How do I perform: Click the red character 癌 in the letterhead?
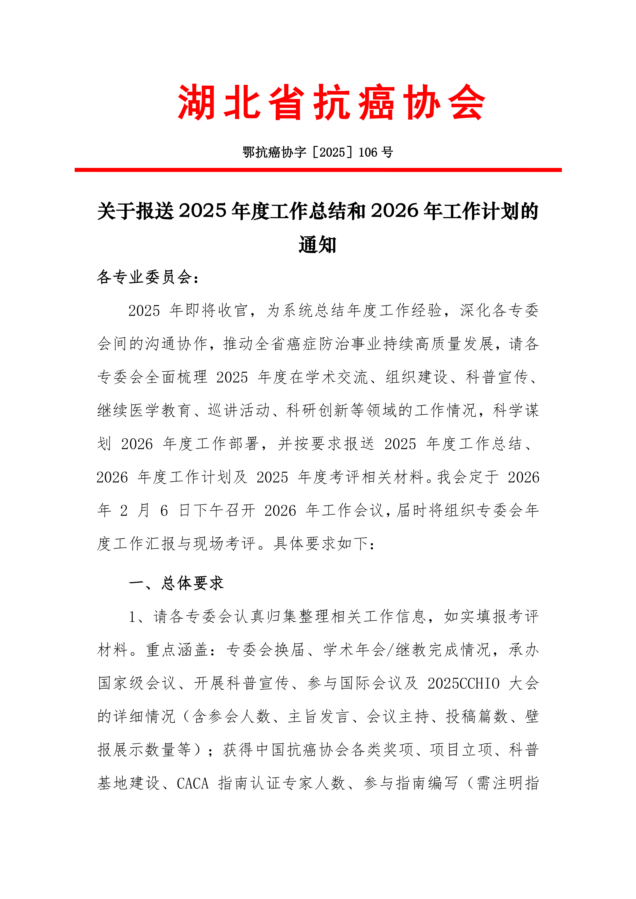coord(377,103)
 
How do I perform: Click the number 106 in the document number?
coord(368,152)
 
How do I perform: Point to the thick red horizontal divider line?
coord(318,170)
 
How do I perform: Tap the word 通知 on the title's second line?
coord(317,245)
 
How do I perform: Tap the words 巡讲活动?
coord(239,410)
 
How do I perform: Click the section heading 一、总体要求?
coord(176,583)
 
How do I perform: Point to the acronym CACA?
coord(192,783)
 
